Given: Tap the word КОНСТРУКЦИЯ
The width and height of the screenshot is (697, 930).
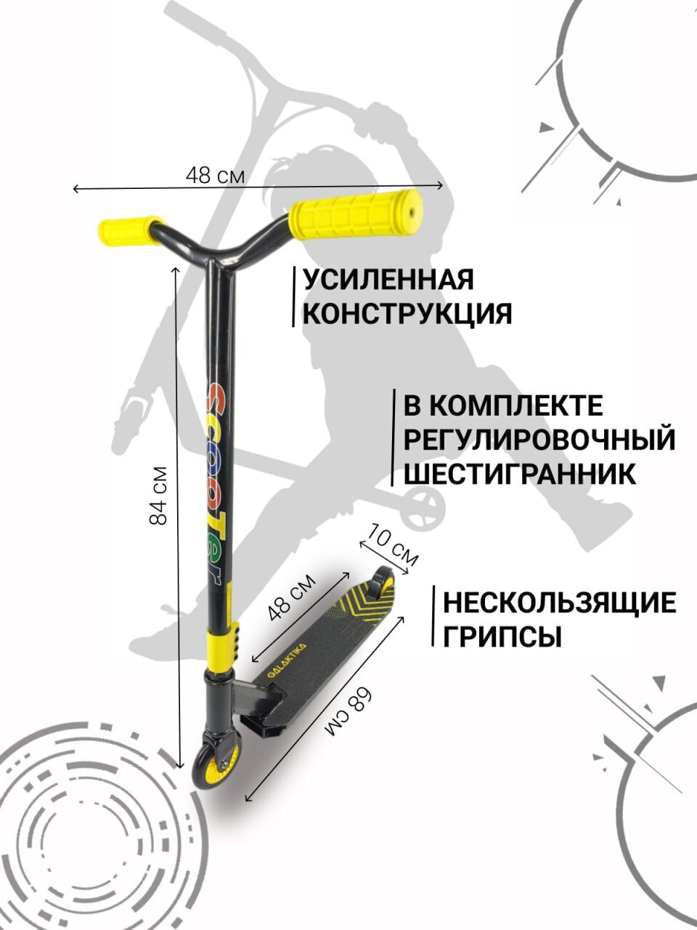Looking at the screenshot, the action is click(x=407, y=314).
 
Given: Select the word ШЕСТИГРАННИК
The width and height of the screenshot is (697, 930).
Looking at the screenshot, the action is click(x=520, y=474).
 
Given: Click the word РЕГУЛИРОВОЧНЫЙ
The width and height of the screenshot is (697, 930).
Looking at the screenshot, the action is click(x=539, y=440).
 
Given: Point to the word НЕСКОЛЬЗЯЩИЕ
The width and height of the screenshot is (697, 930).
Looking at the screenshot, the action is click(x=560, y=602).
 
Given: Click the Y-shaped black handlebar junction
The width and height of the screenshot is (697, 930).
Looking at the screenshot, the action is click(x=218, y=254).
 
